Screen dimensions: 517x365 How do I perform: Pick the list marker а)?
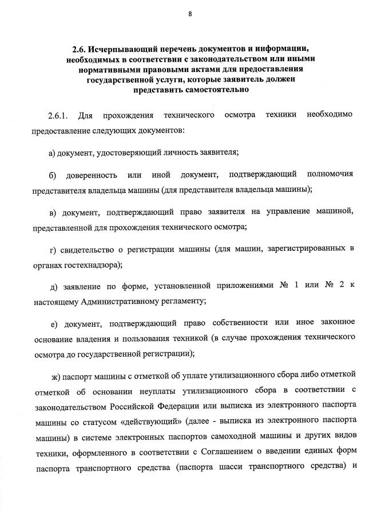pyautogui.click(x=53, y=153)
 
